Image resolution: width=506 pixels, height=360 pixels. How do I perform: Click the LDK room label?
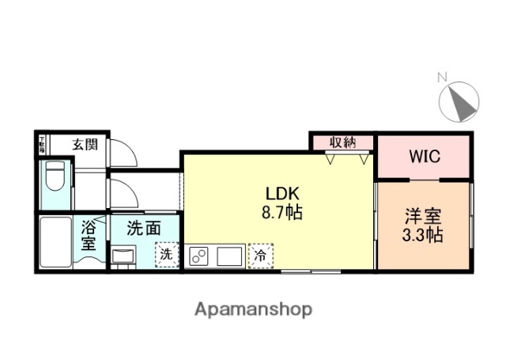281,195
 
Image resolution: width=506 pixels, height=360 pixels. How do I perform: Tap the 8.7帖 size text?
281,212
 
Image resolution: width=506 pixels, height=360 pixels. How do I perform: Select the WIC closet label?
424,156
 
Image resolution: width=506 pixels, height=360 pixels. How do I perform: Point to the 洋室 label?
424,216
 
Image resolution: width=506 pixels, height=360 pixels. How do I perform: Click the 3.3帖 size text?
424,235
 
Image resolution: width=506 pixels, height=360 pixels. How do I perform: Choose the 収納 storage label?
342,142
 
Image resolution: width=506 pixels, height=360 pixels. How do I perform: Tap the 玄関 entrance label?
85,144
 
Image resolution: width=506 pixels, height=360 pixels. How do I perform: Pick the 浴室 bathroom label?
89,236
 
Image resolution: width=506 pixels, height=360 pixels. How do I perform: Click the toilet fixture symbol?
55,180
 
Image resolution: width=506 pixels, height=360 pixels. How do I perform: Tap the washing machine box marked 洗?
166,255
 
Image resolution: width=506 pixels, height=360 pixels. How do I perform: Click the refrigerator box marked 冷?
259,256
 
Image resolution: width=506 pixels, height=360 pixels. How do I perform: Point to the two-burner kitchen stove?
201,256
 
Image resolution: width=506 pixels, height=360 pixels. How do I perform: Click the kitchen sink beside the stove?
230,256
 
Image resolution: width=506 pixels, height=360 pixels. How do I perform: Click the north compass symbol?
459,102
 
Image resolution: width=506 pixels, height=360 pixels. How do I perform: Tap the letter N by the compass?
442,78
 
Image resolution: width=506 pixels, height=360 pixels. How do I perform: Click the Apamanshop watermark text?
253,308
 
